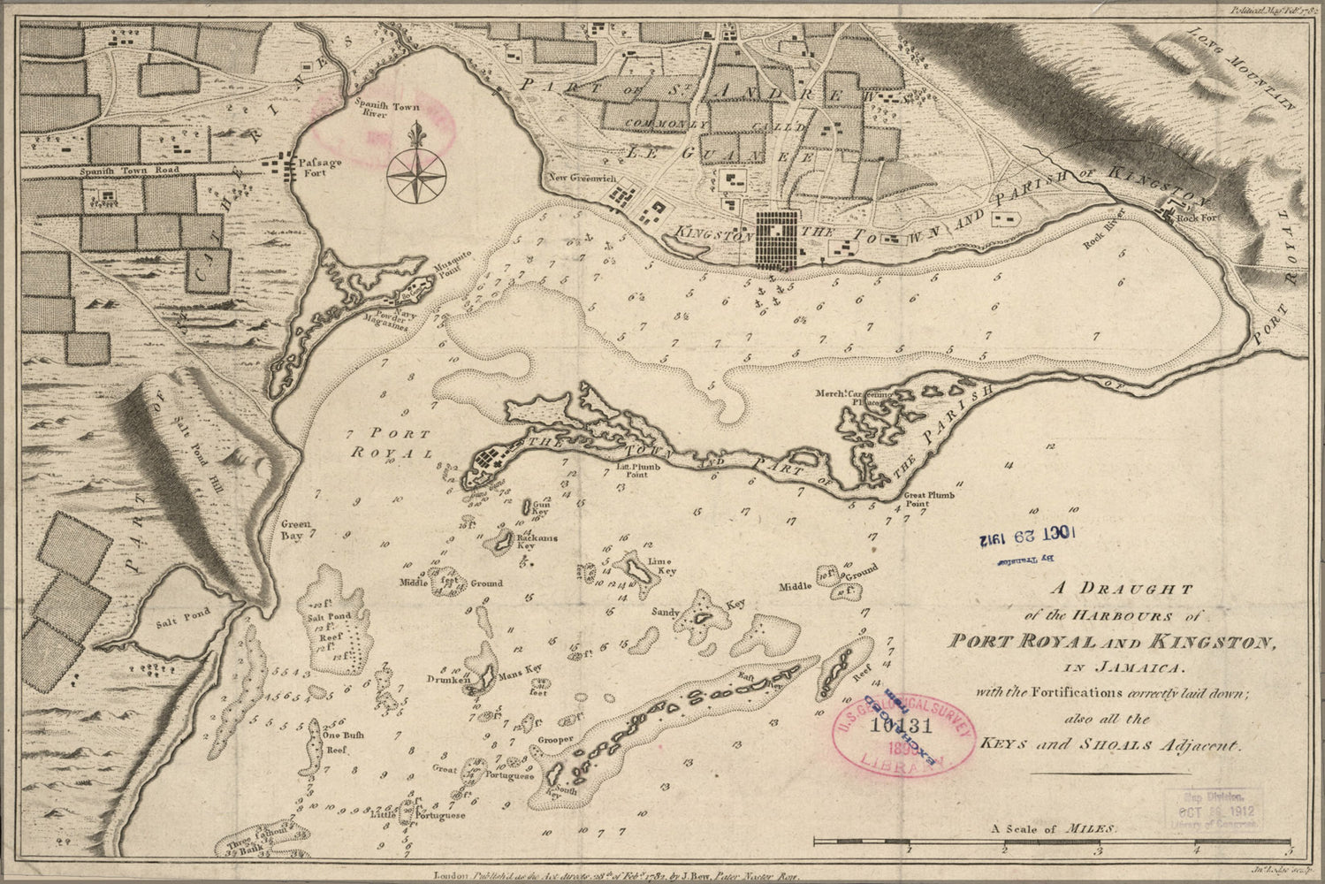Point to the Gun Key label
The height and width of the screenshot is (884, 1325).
tap(540, 507)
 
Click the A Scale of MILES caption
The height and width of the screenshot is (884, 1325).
tap(1054, 829)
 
